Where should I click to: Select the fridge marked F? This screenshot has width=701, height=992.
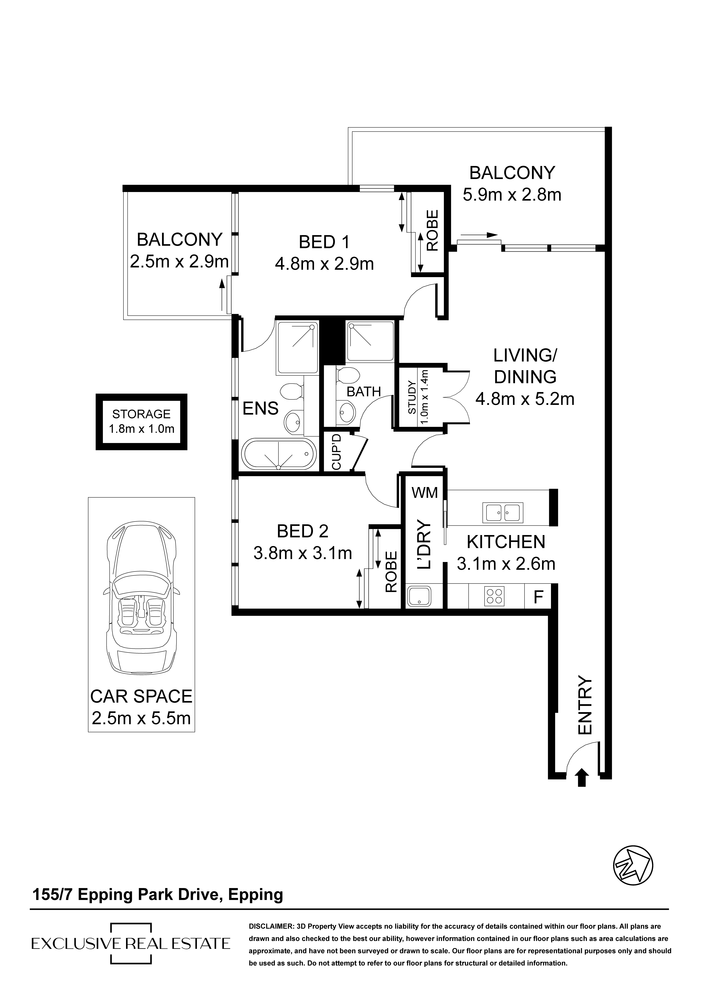point(538,597)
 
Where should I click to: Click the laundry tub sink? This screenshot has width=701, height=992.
point(419,596)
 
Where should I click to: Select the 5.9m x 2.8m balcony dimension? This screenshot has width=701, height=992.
point(512,194)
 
